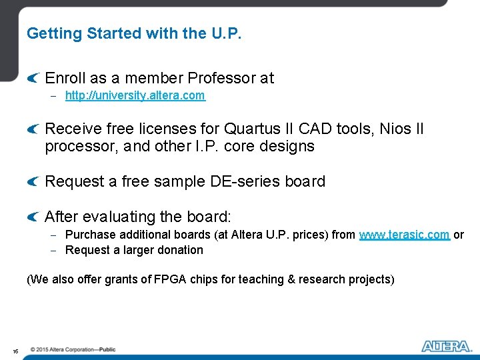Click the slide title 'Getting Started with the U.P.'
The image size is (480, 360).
click(134, 33)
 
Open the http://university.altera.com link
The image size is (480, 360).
click(135, 95)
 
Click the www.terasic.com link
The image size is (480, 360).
click(404, 235)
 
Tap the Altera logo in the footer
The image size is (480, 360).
click(446, 346)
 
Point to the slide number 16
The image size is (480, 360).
click(15, 351)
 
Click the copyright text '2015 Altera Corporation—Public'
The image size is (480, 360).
click(73, 349)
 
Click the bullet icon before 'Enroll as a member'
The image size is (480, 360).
click(33, 79)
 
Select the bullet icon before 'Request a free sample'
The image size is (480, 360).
click(33, 182)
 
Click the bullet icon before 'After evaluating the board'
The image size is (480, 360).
click(33, 217)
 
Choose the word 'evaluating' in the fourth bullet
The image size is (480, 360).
click(117, 217)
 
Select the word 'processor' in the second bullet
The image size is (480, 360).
click(78, 146)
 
